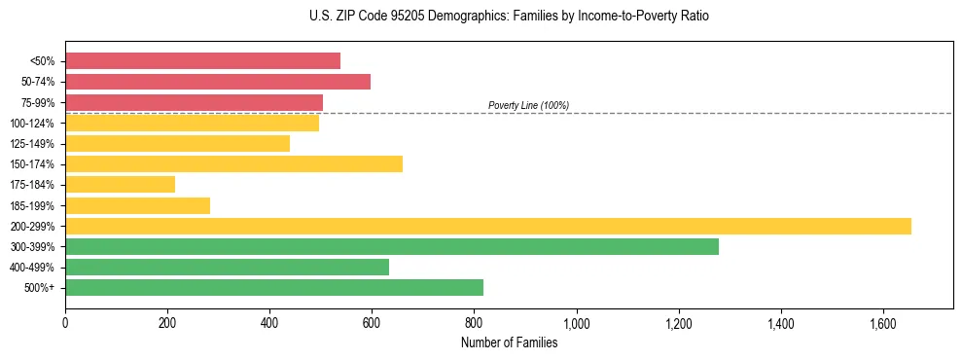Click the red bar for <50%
(202, 61)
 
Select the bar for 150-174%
(233, 163)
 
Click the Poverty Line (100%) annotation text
(528, 105)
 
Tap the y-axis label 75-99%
(38, 102)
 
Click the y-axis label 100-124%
(35, 123)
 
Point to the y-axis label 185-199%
(35, 205)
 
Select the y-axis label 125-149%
(35, 143)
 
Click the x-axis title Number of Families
(509, 342)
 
